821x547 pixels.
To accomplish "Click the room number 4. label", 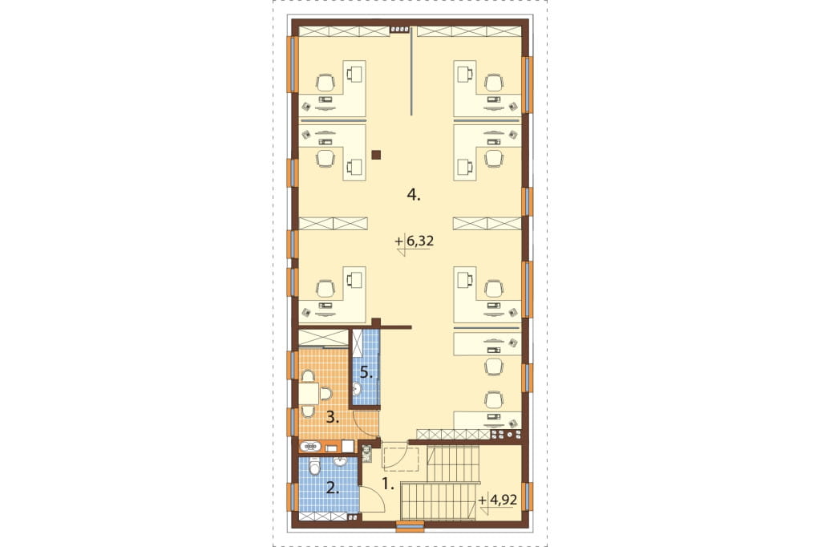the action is [414, 196].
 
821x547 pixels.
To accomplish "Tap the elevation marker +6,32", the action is [415, 242].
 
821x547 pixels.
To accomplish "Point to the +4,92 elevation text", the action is [497, 500].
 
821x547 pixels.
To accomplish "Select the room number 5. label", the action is [366, 374].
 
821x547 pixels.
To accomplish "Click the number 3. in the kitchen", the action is [333, 418].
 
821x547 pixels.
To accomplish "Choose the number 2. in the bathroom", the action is [333, 489].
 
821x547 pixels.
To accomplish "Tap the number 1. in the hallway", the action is [387, 484].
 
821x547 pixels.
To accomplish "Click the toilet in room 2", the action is [314, 465].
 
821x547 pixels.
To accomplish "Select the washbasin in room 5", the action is [357, 389].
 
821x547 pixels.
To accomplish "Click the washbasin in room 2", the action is [340, 462].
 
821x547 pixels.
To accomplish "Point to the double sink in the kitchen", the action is [310, 447].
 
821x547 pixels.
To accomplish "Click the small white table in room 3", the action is [309, 394].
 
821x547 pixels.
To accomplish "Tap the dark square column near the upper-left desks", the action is [376, 155].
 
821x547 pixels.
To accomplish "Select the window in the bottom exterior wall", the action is [410, 525].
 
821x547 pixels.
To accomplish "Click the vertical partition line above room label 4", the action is [411, 71].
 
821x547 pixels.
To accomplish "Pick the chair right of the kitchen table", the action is [326, 394].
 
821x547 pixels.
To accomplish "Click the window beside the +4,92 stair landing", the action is [528, 496].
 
